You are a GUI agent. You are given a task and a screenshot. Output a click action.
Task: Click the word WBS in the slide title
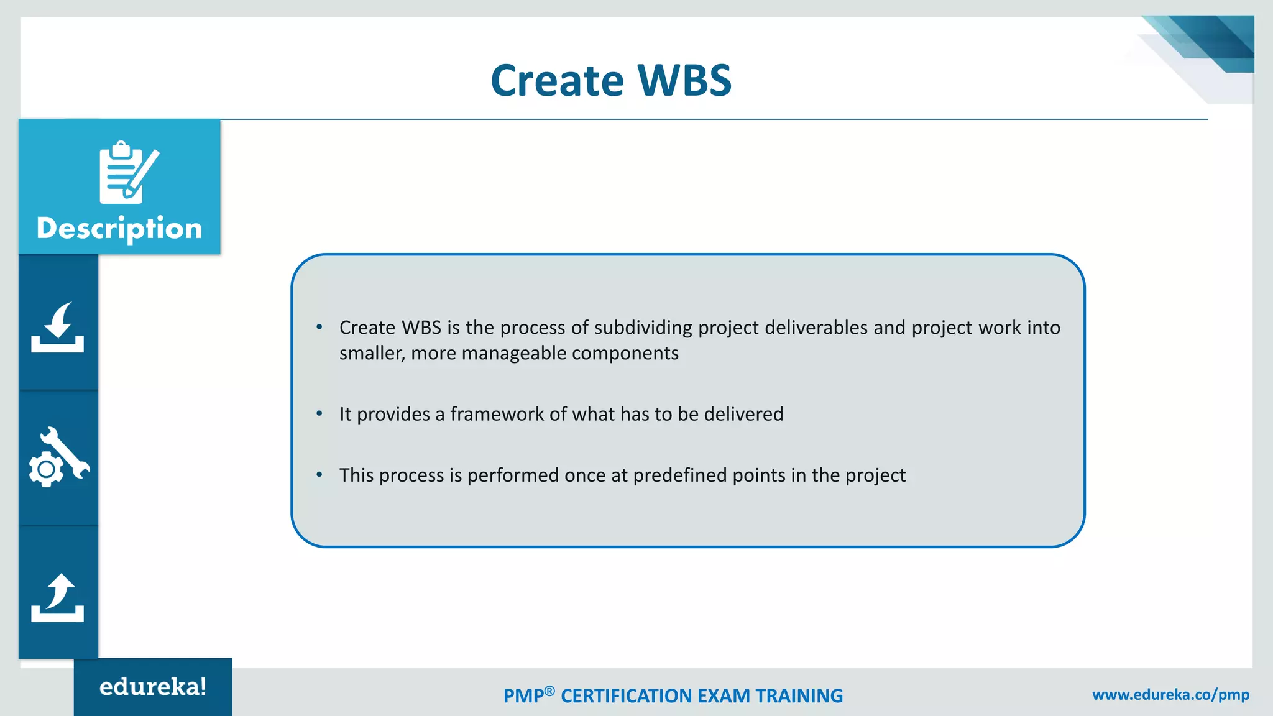tap(684, 81)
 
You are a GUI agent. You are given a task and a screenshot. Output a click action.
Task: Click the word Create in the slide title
tap(557, 81)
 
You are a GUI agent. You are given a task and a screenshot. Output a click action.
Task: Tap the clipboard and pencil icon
tap(128, 173)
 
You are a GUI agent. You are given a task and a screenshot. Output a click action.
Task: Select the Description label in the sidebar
tap(119, 228)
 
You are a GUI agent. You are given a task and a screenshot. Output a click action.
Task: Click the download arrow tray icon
tap(58, 328)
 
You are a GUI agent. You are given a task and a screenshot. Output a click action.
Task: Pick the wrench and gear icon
tap(58, 457)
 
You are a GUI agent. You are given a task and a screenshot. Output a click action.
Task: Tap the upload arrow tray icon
tap(58, 597)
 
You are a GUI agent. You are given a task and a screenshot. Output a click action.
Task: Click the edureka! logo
tap(153, 687)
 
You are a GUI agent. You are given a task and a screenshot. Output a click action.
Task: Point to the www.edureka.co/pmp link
tap(1170, 695)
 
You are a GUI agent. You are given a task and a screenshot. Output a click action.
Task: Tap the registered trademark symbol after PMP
tap(549, 691)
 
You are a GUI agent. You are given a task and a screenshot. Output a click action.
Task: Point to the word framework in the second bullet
tap(497, 414)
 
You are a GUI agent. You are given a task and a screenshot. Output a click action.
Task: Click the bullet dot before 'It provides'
tap(319, 413)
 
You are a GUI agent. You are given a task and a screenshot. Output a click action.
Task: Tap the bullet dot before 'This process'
tap(319, 475)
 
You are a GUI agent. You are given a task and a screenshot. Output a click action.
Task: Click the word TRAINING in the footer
tap(799, 696)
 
